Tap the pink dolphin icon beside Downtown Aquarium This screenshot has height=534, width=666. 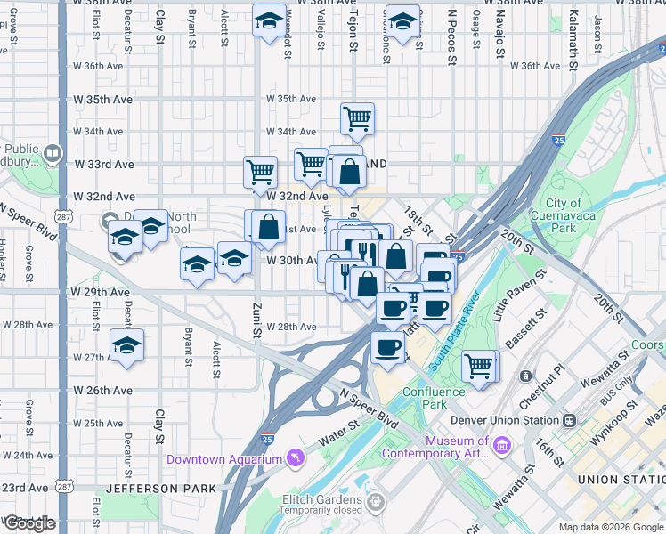coord(295,459)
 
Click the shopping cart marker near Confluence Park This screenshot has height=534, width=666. coord(479,365)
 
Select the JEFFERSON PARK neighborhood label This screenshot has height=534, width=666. coord(160,489)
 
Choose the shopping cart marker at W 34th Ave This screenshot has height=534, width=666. coord(356,117)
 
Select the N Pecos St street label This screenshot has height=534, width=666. coord(452,37)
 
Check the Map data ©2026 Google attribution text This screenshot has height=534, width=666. coord(611,527)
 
